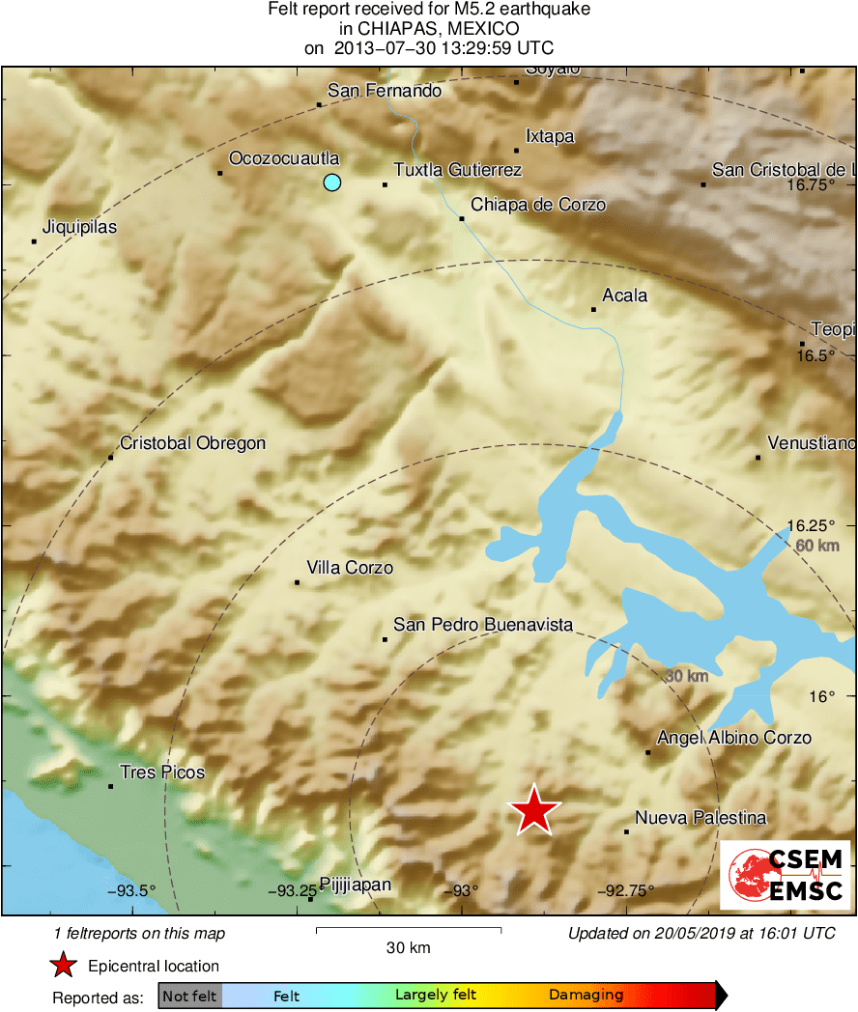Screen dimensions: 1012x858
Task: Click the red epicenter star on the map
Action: [534, 810]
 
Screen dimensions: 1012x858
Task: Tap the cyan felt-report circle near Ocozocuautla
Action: [332, 182]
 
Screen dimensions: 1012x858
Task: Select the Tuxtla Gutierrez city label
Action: [457, 170]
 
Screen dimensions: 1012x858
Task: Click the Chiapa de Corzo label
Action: [537, 205]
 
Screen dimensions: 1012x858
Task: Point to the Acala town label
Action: [624, 295]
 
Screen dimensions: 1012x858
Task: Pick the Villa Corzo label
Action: [349, 568]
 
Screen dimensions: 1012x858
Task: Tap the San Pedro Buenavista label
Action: [483, 626]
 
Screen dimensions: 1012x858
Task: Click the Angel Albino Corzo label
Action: [733, 738]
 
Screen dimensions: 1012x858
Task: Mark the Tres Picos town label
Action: [161, 773]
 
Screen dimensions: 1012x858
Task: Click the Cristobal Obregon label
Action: [192, 443]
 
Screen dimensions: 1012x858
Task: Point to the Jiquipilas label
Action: [79, 228]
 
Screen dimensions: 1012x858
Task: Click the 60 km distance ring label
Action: [816, 546]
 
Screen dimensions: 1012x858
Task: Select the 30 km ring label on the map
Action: [687, 676]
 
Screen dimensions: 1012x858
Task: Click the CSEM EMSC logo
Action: [786, 875]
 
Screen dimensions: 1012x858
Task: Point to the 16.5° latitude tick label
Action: [815, 356]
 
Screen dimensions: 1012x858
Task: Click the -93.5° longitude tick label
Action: [131, 890]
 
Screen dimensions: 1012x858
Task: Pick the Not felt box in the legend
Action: [189, 996]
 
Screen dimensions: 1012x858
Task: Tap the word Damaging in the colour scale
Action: [586, 996]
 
